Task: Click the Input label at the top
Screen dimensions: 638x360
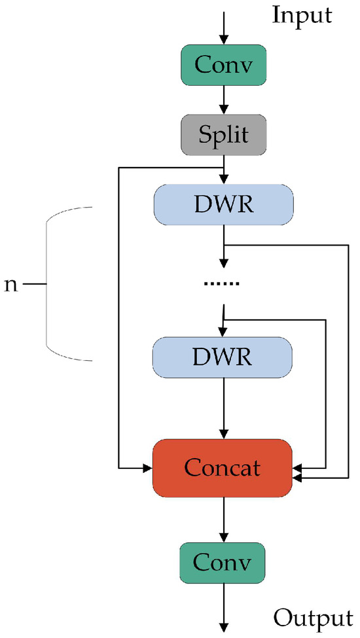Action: (x=303, y=15)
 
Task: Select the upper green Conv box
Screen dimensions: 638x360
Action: (x=224, y=64)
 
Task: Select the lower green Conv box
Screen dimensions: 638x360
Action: (x=224, y=563)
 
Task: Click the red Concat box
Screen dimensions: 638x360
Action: (x=223, y=468)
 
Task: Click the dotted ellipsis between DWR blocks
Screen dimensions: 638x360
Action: (x=223, y=284)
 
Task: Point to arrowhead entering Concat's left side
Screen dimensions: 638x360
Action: (x=147, y=468)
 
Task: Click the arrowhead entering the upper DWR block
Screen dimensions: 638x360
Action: (x=224, y=180)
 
